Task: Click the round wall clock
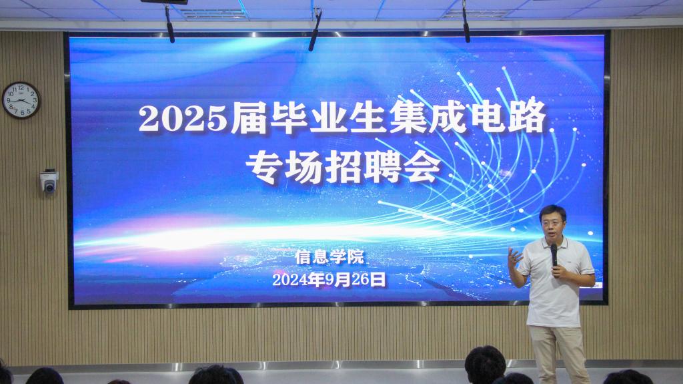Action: [21, 100]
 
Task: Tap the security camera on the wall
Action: [49, 181]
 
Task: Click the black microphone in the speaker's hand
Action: [554, 255]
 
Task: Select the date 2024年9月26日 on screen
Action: [329, 279]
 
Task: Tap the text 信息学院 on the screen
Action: [329, 256]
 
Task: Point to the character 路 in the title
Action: [527, 116]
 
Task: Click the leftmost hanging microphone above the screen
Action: [169, 24]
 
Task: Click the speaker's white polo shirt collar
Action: [554, 242]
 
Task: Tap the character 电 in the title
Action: [487, 116]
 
